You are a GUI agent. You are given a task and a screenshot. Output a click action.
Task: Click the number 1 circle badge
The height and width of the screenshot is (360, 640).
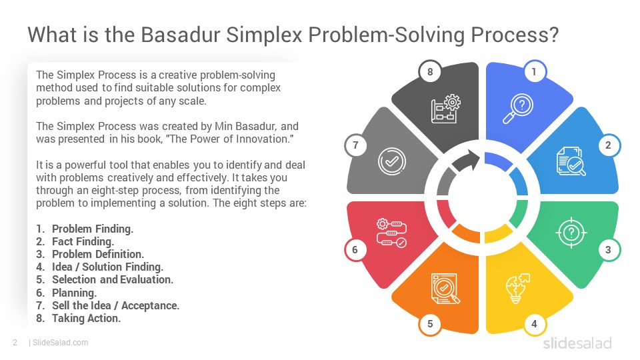pyautogui.click(x=534, y=72)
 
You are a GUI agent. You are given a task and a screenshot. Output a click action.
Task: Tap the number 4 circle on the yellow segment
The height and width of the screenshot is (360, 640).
pyautogui.click(x=534, y=324)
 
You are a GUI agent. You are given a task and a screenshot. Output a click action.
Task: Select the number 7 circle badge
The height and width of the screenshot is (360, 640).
pyautogui.click(x=355, y=145)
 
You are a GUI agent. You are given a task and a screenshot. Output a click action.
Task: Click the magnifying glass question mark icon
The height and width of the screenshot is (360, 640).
pyautogui.click(x=517, y=109)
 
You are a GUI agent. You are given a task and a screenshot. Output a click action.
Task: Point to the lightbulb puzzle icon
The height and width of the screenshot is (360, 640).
pyautogui.click(x=517, y=288)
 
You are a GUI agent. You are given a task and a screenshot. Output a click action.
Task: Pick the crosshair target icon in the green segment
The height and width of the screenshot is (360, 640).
pyautogui.click(x=571, y=233)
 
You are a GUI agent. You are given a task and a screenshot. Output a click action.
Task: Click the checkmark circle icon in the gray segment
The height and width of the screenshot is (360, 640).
pyautogui.click(x=392, y=161)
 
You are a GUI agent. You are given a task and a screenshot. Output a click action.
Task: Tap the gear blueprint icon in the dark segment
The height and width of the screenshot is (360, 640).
pyautogui.click(x=445, y=109)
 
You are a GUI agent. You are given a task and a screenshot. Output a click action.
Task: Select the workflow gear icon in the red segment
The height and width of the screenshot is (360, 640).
pyautogui.click(x=391, y=233)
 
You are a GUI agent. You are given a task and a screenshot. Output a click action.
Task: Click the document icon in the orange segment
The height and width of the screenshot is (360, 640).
pyautogui.click(x=445, y=288)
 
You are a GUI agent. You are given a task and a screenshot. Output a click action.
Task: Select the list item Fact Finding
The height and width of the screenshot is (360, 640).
pyautogui.click(x=83, y=241)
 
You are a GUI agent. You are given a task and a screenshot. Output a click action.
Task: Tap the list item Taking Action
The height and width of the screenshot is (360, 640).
pyautogui.click(x=86, y=319)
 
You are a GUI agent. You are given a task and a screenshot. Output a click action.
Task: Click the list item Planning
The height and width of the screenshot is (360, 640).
pyautogui.click(x=74, y=293)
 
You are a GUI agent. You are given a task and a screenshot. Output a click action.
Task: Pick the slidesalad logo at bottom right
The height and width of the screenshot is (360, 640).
pyautogui.click(x=577, y=343)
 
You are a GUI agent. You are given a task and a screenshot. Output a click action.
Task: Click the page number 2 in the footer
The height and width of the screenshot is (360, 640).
pyautogui.click(x=15, y=343)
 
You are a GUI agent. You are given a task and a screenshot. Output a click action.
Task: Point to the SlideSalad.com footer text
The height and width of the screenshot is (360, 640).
pyautogui.click(x=61, y=343)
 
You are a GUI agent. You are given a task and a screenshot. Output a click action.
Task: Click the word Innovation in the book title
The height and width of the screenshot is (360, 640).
pyautogui.click(x=264, y=139)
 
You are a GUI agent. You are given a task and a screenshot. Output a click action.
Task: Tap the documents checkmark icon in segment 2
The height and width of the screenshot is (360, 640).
pyautogui.click(x=571, y=161)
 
